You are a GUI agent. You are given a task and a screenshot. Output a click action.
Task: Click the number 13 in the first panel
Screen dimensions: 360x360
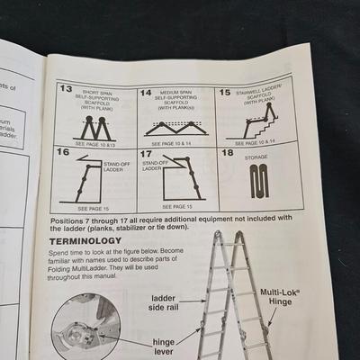(x=65, y=91)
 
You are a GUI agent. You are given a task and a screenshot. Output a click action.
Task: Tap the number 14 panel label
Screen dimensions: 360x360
(x=146, y=93)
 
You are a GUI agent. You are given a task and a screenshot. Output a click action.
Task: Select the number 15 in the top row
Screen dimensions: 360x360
(x=226, y=93)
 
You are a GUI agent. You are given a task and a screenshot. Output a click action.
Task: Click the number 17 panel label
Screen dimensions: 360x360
(x=146, y=154)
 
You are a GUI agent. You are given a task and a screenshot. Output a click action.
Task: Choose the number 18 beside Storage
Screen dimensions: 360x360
(x=227, y=153)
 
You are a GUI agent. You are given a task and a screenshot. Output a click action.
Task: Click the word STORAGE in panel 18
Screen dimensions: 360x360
(x=256, y=157)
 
